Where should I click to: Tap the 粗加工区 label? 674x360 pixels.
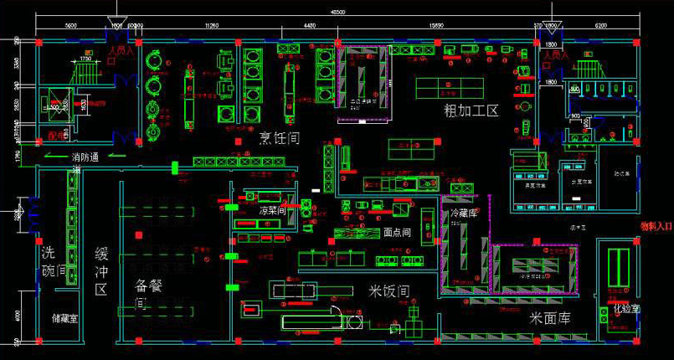[471, 111]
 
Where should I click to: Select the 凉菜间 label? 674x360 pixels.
[273, 210]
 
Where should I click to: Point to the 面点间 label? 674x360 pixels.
[396, 233]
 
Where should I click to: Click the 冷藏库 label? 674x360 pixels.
[466, 213]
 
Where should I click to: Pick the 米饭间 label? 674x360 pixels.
[389, 291]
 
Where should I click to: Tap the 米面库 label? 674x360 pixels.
[550, 318]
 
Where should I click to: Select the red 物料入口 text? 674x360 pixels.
[656, 226]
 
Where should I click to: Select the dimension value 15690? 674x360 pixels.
[437, 27]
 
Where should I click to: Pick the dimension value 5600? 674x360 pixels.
[70, 27]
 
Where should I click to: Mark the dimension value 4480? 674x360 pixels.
[310, 27]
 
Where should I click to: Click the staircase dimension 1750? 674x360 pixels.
[85, 59]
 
